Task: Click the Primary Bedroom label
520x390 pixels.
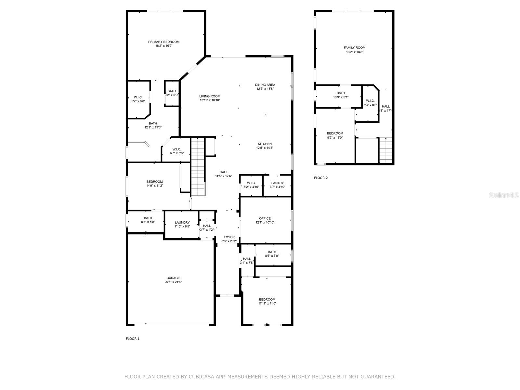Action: [x=164, y=42]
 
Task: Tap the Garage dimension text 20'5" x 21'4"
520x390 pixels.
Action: [x=173, y=282]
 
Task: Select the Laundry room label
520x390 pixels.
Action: [x=182, y=223]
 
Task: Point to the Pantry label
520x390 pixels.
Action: [x=277, y=183]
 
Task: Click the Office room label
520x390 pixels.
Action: [x=265, y=218]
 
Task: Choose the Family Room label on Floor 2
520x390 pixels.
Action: [x=355, y=48]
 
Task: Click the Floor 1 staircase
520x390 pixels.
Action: [x=198, y=166]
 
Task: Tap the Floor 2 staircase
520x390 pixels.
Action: [x=386, y=150]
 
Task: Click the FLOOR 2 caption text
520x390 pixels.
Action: [x=321, y=178]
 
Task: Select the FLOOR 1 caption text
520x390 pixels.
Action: [x=133, y=339]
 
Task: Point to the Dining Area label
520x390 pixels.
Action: [x=265, y=85]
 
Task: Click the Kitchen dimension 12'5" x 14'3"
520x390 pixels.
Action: [x=265, y=148]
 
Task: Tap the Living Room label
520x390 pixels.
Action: [x=210, y=96]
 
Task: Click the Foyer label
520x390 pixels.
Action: [x=229, y=237]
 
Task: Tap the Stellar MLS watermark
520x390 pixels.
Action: [x=504, y=195]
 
